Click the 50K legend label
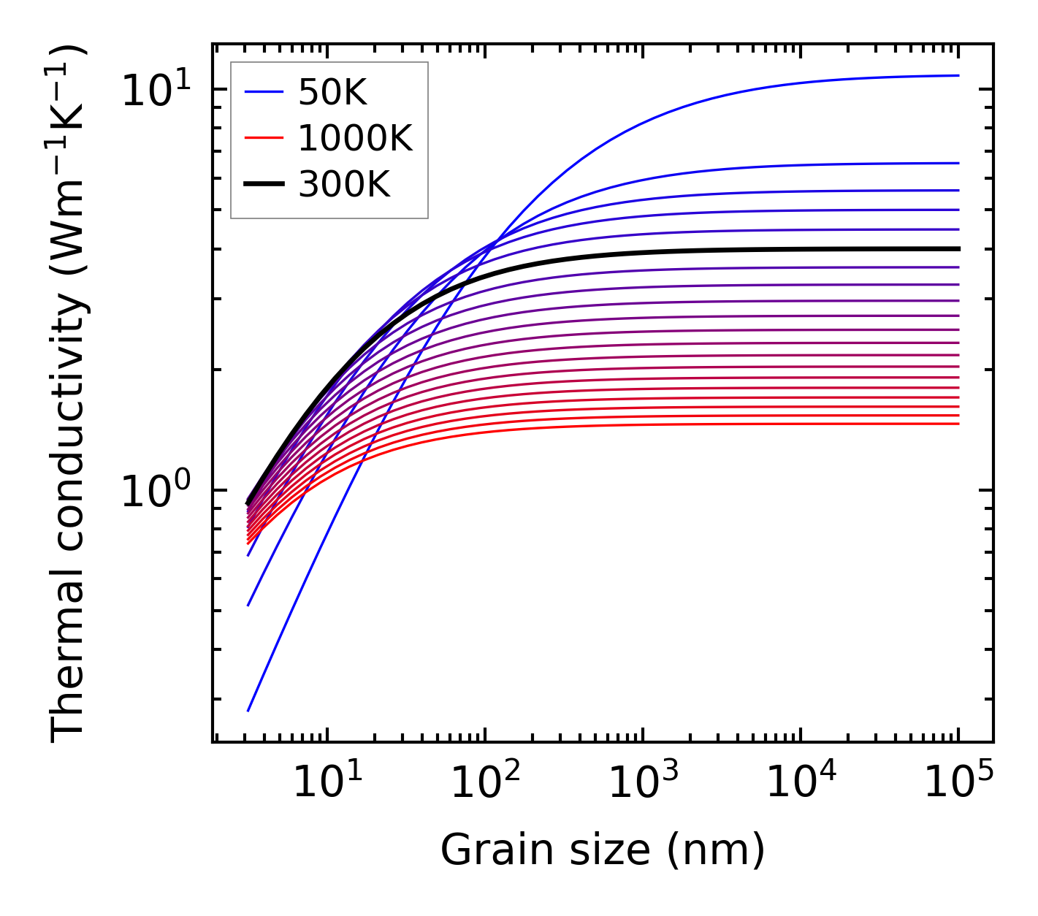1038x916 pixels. [x=332, y=93]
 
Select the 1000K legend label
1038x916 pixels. [x=355, y=139]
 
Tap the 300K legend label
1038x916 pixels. [x=344, y=185]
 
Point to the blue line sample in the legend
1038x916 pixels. [x=263, y=93]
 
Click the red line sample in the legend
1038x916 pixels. [x=263, y=139]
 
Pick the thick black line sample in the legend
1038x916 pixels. [x=263, y=185]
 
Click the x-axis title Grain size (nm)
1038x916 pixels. [x=603, y=850]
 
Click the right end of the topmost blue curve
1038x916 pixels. [x=958, y=75]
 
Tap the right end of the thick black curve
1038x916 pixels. [x=958, y=248]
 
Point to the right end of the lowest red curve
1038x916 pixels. [x=958, y=424]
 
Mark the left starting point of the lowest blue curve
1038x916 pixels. [x=248, y=710]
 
